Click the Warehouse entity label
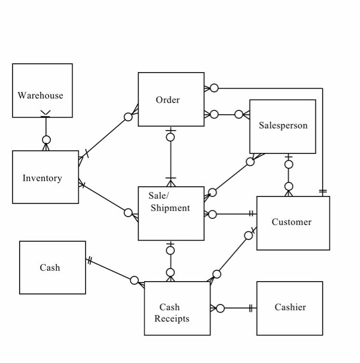[x=40, y=95]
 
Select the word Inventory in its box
[x=42, y=178]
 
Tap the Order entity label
[x=168, y=100]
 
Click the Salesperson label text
[x=283, y=125]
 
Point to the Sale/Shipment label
[x=169, y=202]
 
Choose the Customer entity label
[x=292, y=222]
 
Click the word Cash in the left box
[x=50, y=268]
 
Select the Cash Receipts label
[x=171, y=313]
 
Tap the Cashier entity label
[x=290, y=307]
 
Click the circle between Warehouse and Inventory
[x=46, y=139]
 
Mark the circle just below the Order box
[x=170, y=137]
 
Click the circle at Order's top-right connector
[x=214, y=88]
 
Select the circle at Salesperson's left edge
[x=239, y=114]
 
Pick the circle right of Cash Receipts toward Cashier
[x=220, y=309]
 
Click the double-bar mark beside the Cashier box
[x=251, y=309]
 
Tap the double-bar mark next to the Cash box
[x=90, y=261]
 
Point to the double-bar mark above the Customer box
[x=323, y=191]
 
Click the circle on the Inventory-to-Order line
[x=128, y=117]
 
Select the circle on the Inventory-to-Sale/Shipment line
[x=128, y=212]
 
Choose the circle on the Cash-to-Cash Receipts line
[x=134, y=281]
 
